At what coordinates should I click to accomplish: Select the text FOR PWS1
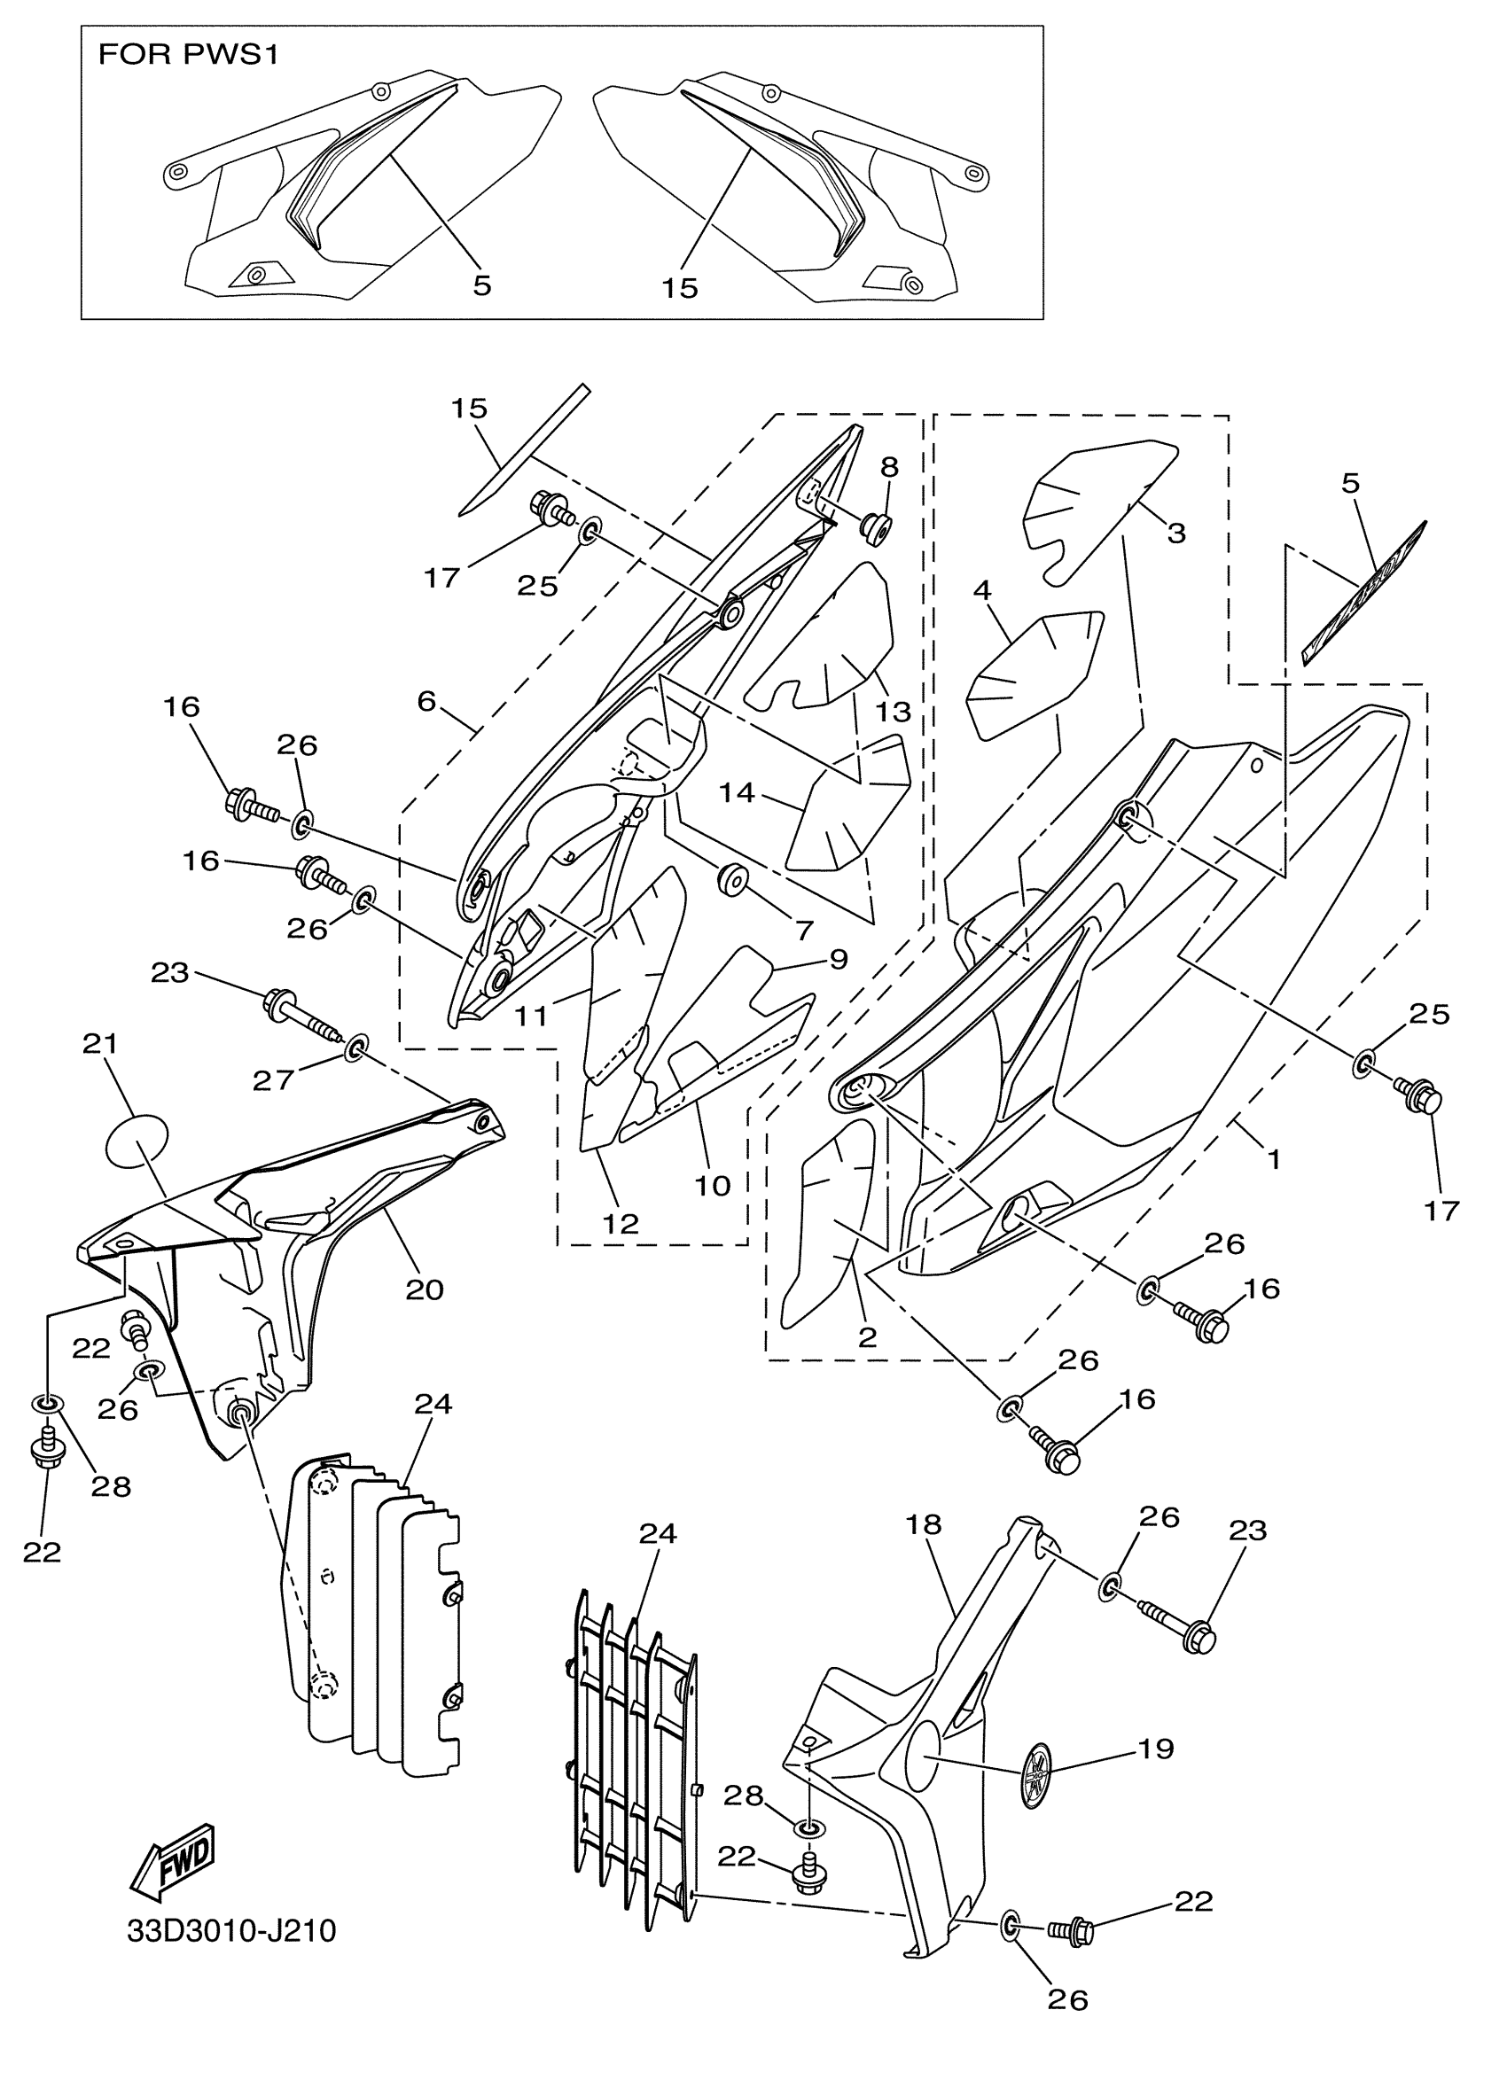coord(188,55)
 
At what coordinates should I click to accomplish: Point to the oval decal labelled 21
coord(138,1141)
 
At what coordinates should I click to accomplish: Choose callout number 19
coord(1156,1749)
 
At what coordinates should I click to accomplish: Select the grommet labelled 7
coord(733,877)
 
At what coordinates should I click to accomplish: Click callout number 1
coord(1273,1159)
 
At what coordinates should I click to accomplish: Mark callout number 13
coord(894,711)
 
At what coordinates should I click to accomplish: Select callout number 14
coord(737,792)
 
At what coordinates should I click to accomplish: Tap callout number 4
coord(982,589)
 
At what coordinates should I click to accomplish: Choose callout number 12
coord(620,1223)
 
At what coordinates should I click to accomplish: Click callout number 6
coord(426,702)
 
